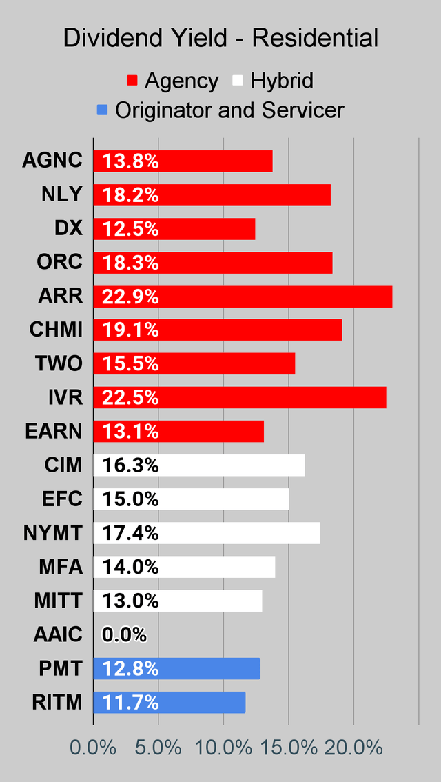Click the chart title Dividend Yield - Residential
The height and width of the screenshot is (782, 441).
coord(220,38)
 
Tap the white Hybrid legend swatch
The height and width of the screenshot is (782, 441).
coord(236,81)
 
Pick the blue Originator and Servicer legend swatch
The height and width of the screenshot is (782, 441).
coord(102,110)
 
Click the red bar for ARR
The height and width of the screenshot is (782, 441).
coord(243,297)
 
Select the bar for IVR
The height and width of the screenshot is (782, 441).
coord(240,398)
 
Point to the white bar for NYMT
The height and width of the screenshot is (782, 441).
coord(207,533)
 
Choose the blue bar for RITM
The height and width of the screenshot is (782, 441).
coord(169,703)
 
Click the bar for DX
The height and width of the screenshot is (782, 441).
coord(174,229)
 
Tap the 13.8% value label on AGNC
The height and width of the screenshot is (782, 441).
coord(130,161)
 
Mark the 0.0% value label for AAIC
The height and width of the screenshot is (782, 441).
coord(124,634)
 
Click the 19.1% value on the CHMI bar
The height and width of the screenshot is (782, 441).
coord(130,330)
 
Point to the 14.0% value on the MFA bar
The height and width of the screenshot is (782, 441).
coord(130,567)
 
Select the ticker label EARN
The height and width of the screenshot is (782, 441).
coord(53,432)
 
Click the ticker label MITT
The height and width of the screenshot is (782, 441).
coord(58,601)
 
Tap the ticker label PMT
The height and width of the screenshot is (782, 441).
coord(61,668)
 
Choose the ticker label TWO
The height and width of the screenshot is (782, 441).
coord(59,364)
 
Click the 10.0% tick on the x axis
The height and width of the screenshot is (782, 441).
coord(224,748)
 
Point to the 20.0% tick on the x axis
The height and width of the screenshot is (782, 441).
coord(353,748)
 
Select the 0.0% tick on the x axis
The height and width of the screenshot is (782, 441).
coord(94,748)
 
